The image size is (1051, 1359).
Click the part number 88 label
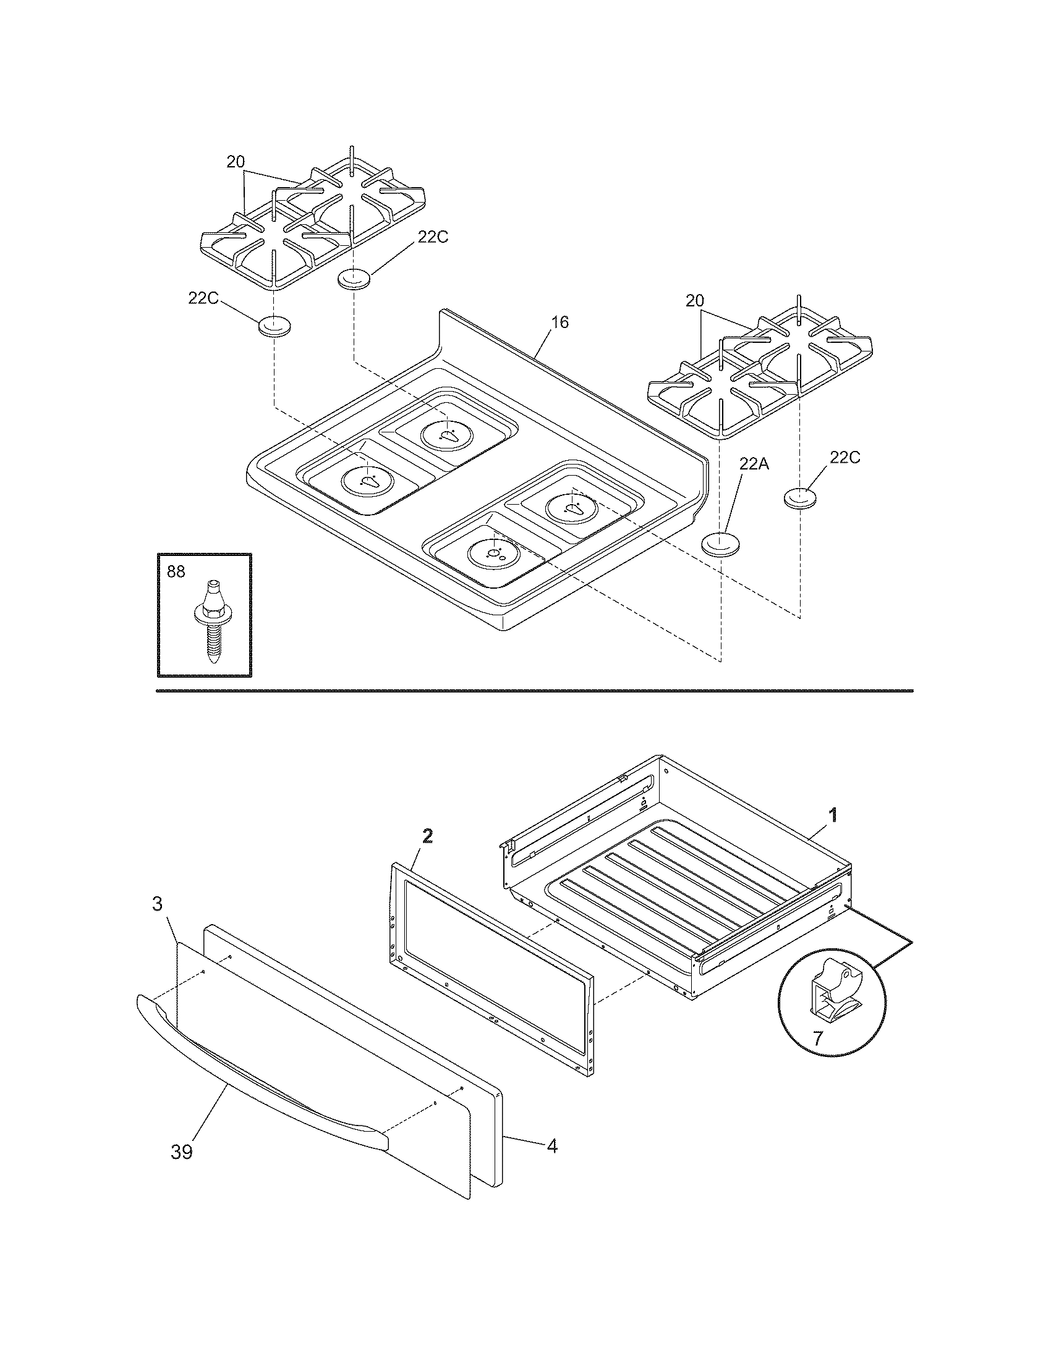pos(176,571)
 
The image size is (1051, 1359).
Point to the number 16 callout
pos(560,322)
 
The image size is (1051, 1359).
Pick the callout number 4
pos(551,1145)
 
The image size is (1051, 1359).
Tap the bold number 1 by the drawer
pos(833,815)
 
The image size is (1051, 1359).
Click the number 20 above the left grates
pos(236,162)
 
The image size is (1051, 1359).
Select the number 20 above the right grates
pos(695,301)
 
